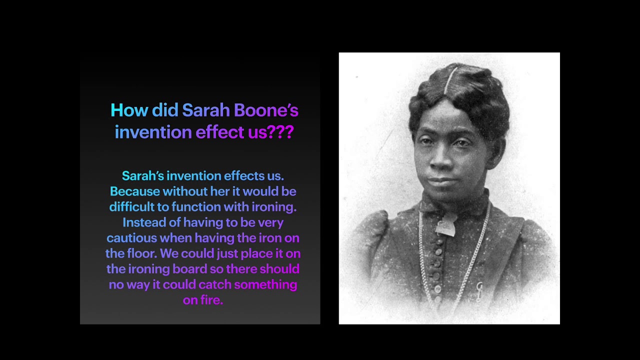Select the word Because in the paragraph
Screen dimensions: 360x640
point(135,191)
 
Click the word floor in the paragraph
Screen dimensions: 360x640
point(140,253)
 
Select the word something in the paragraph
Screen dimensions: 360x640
point(265,284)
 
